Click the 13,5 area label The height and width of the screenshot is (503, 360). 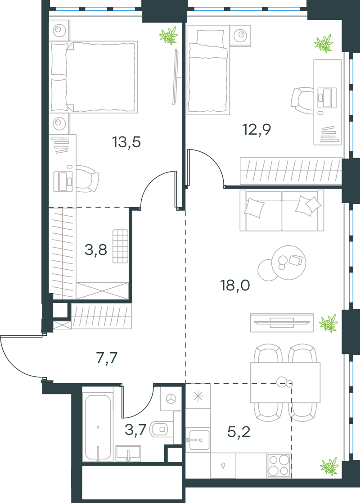tap(126, 142)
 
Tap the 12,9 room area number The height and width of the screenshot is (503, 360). tap(256, 130)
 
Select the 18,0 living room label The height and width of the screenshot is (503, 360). tap(235, 285)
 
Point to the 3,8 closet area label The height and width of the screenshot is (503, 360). tap(95, 249)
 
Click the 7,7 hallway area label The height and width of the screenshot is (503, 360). tap(107, 358)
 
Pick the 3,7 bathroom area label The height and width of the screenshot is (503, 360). tap(135, 430)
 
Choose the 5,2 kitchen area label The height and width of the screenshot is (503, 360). tap(239, 432)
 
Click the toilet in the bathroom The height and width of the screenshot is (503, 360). tap(162, 429)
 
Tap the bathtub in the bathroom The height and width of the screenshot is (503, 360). tap(98, 428)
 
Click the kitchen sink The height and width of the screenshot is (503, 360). tap(198, 439)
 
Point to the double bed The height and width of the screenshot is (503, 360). tap(94, 77)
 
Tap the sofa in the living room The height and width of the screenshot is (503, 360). tap(282, 210)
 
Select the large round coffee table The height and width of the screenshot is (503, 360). tap(288, 263)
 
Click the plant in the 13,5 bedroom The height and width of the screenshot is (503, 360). tap(169, 35)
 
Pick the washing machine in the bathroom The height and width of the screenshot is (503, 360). tap(171, 399)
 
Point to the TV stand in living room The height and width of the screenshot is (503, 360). tap(282, 323)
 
